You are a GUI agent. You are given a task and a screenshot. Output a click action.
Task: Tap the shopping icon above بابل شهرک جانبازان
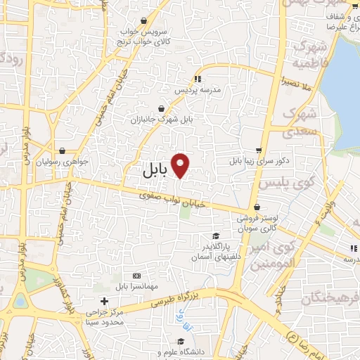tap(162, 108)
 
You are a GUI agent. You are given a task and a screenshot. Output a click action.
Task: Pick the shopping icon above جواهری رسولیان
tap(63, 150)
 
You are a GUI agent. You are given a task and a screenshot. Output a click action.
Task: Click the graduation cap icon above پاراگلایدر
tap(216, 236)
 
